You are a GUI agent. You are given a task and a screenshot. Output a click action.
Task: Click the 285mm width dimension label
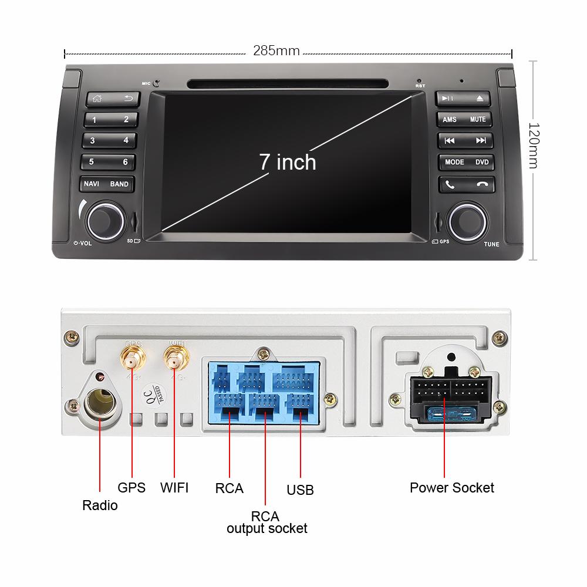276,51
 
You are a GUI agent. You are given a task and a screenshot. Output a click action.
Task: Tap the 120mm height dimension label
534,145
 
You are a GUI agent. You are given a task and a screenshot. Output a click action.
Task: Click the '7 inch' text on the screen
288,162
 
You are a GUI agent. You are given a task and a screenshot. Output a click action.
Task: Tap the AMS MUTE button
464,119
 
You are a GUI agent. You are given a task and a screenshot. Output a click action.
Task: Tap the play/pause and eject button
464,98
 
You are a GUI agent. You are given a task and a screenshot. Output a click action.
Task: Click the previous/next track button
465,141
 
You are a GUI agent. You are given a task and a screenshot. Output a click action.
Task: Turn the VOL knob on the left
106,220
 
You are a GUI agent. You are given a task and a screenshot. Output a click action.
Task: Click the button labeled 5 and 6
109,162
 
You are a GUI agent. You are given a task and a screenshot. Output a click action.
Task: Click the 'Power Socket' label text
451,488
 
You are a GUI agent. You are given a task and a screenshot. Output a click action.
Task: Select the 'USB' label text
300,490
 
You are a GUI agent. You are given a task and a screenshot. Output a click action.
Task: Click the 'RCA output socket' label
266,522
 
